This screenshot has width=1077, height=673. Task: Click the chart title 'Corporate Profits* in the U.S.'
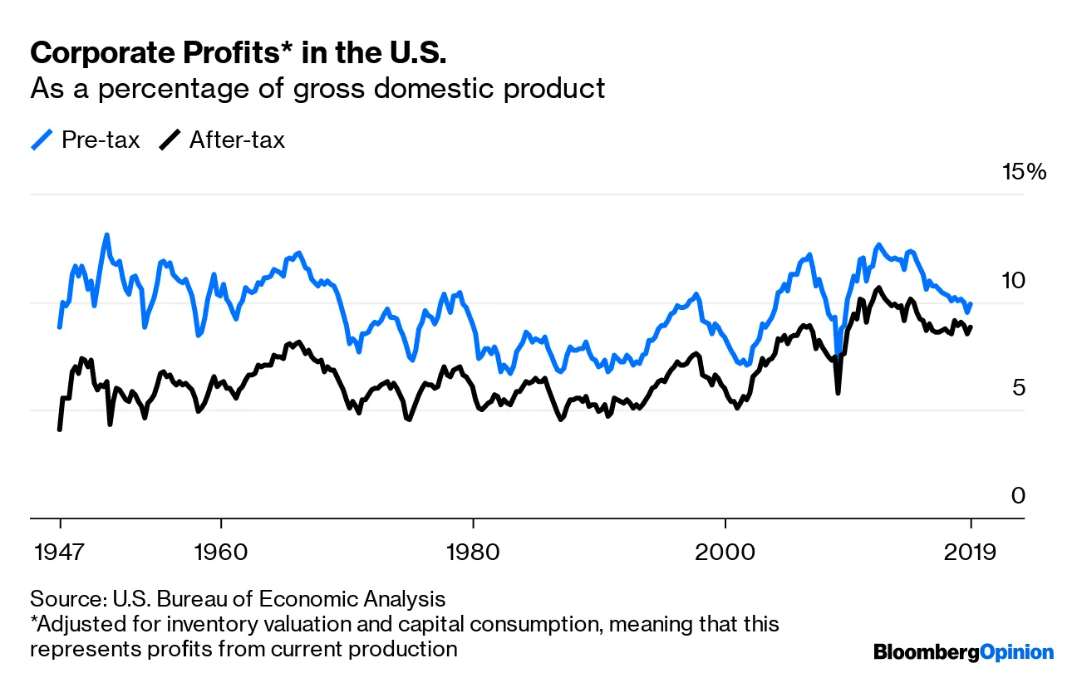238,54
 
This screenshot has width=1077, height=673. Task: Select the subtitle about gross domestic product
317,89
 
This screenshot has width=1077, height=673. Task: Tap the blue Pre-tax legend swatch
42,140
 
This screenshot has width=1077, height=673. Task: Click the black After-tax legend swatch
170,140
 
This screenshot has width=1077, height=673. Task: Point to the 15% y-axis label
1025,173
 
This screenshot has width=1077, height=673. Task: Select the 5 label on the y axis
1019,388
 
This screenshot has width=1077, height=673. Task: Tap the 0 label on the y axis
1019,496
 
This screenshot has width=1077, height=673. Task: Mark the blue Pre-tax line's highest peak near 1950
107,235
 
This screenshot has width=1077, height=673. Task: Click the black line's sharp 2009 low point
838,391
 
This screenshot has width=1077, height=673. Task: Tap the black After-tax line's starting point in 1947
60,429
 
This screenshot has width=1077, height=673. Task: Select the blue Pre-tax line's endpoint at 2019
971,304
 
